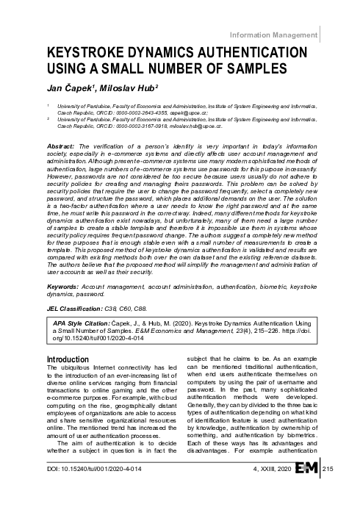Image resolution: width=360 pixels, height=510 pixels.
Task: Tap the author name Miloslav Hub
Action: pyautogui.click(x=117, y=87)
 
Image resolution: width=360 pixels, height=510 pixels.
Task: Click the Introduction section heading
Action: pyautogui.click(x=68, y=359)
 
